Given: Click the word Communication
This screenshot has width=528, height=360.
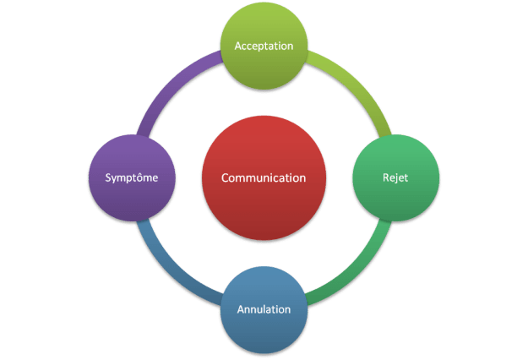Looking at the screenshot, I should point(263,178).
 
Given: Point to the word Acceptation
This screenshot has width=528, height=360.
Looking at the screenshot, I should point(264,46).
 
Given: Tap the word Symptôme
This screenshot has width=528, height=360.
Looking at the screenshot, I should point(131,178).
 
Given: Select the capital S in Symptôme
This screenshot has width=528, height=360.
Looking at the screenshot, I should point(108,178).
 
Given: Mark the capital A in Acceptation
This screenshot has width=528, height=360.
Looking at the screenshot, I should point(238,46).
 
